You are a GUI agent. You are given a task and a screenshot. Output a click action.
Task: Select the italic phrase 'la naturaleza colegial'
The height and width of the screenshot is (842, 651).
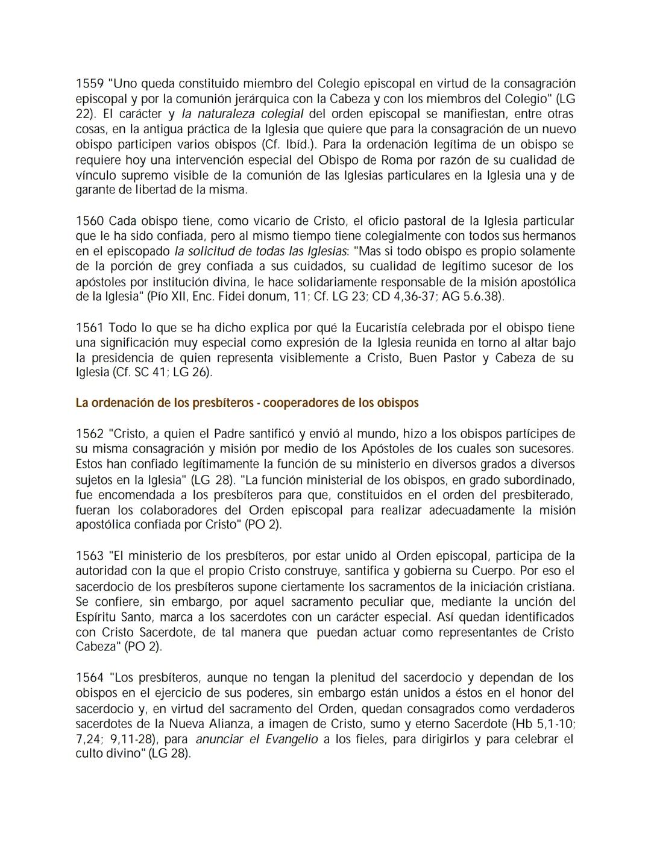pyautogui.click(x=242, y=114)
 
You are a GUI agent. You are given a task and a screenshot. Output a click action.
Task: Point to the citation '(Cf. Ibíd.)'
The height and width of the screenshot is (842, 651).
pyautogui.click(x=289, y=145)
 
